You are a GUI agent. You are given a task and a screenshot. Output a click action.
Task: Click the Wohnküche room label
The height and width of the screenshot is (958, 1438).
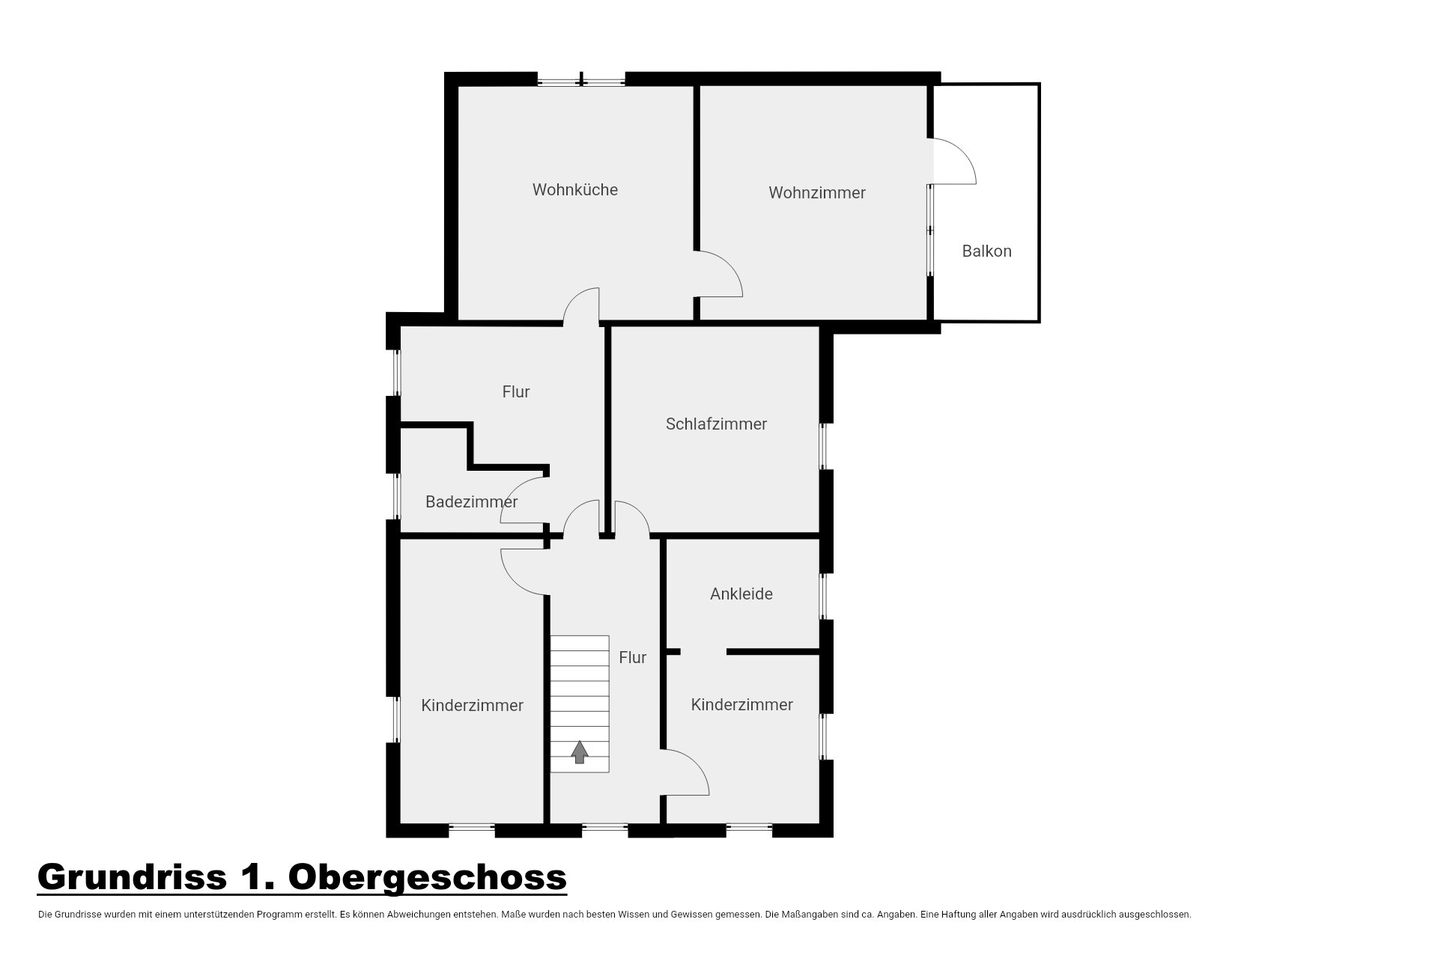tap(575, 190)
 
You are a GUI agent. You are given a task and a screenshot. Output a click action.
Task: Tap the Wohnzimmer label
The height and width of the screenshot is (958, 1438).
tap(817, 193)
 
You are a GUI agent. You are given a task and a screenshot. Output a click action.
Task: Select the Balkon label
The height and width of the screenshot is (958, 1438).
tap(986, 251)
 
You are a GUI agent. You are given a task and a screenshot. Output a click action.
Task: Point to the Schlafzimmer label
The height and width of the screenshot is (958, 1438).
tap(716, 424)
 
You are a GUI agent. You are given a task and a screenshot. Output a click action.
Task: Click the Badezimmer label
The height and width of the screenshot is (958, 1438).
tap(471, 502)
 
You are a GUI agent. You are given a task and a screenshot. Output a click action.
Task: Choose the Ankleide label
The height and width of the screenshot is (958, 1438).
tap(741, 594)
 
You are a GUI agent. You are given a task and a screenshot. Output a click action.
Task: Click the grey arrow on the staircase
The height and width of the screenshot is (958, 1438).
tap(580, 751)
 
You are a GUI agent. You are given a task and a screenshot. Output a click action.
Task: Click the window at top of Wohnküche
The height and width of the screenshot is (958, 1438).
tap(581, 79)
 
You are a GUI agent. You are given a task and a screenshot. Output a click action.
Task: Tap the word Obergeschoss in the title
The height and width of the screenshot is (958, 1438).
tap(427, 876)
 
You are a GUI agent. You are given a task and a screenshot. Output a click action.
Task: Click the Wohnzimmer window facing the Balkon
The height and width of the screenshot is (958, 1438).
tap(931, 230)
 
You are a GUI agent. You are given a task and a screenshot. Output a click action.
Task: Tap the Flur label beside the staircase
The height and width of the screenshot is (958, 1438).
tap(633, 658)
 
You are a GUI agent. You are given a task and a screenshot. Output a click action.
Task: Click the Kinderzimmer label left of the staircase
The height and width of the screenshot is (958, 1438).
tap(472, 706)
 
